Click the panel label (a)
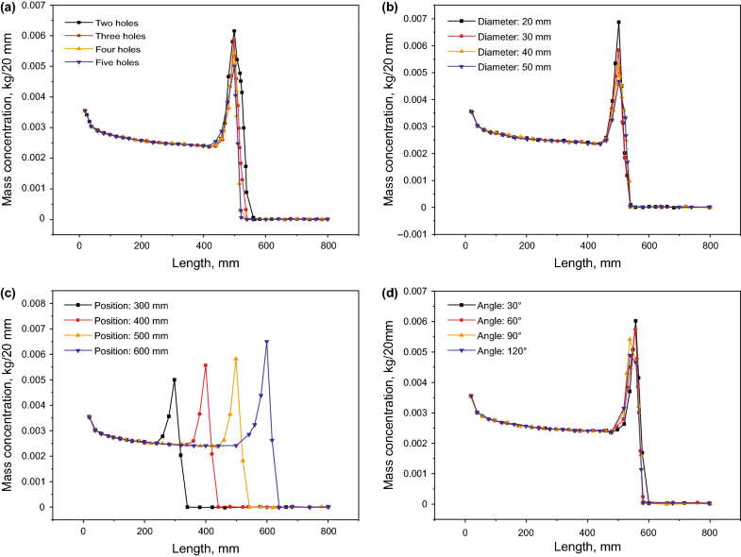(x=12, y=9)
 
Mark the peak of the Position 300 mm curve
(x=175, y=380)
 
